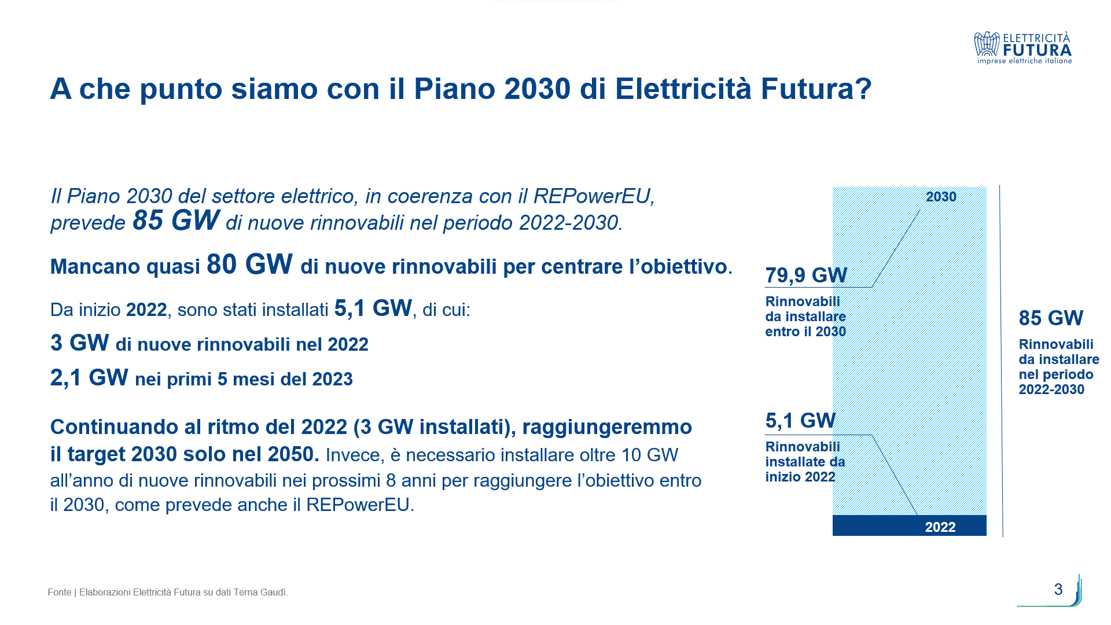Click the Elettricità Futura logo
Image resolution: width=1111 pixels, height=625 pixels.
1022,47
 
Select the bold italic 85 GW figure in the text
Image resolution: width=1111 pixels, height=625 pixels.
176,220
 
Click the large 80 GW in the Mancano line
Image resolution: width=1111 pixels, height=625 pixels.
249,264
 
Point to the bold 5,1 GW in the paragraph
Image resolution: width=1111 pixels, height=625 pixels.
373,308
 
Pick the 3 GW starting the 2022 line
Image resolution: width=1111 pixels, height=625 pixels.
79,343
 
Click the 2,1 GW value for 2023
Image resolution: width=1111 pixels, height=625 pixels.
89,378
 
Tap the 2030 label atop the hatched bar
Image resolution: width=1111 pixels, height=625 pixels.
941,197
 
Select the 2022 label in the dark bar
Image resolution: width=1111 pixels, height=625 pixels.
940,527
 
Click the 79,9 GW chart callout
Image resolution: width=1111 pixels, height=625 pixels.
806,275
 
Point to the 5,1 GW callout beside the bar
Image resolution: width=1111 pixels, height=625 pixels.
800,421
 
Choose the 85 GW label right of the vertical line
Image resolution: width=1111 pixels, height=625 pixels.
1051,318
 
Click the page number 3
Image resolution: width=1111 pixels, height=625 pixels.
1058,589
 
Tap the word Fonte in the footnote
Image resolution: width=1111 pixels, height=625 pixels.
60,592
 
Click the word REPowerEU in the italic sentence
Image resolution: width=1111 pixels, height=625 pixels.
594,196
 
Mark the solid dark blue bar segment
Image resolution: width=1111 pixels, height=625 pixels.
909,525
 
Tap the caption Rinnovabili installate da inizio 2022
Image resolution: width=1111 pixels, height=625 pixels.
805,462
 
